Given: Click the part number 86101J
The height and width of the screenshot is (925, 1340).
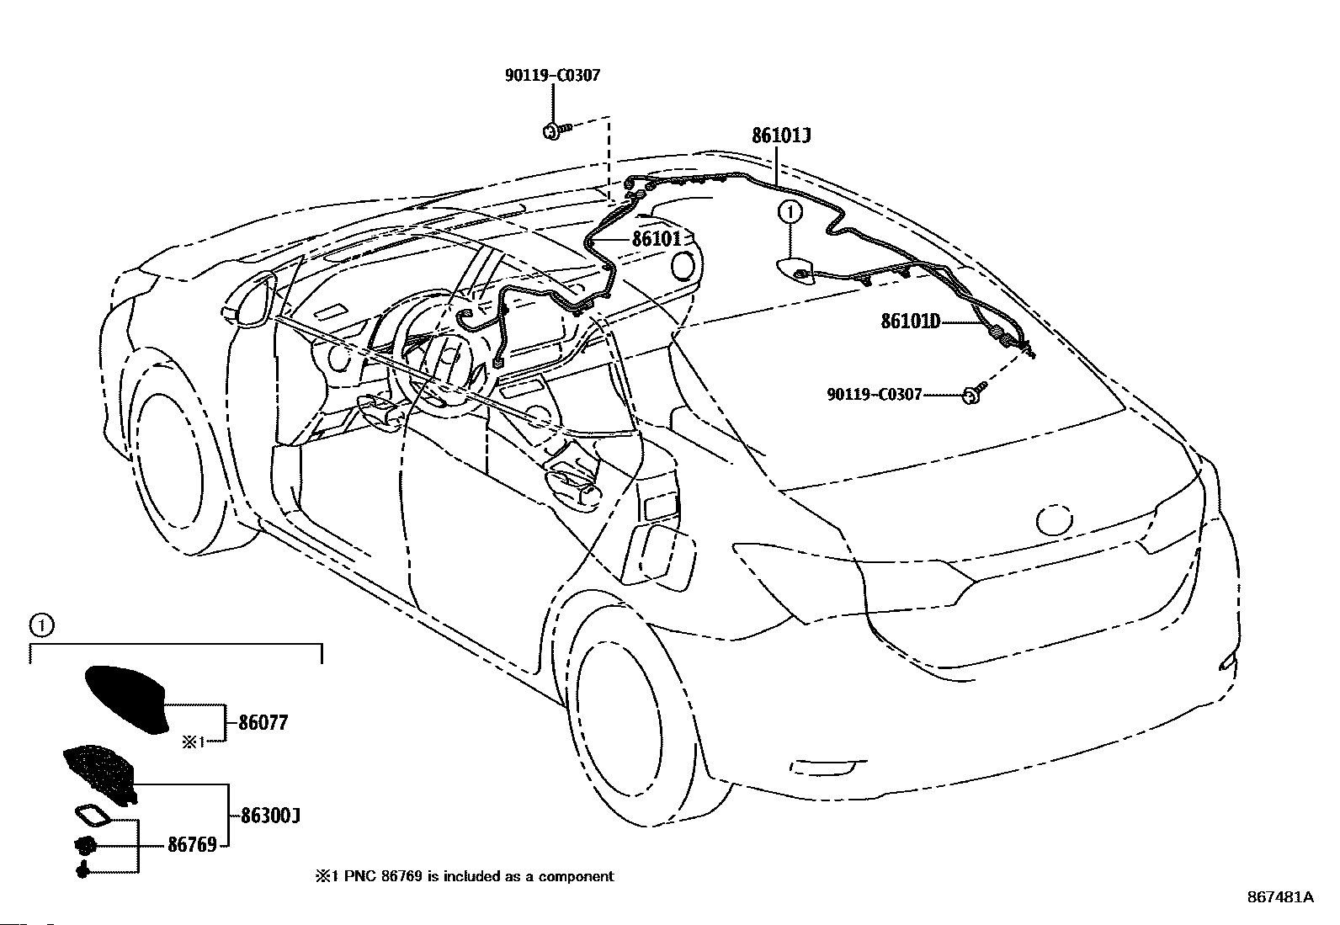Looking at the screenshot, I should pyautogui.click(x=782, y=136).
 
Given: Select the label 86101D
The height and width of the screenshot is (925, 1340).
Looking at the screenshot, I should pyautogui.click(x=910, y=321).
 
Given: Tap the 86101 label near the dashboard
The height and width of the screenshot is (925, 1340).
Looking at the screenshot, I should pyautogui.click(x=656, y=239).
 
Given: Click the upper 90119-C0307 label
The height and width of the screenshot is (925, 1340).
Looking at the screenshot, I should pyautogui.click(x=552, y=76).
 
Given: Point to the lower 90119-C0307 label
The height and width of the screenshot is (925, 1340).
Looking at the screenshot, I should pyautogui.click(x=875, y=394).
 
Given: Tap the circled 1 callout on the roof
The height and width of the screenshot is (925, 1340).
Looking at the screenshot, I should pyautogui.click(x=790, y=213).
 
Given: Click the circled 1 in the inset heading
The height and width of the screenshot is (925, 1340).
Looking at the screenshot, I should pyautogui.click(x=40, y=625).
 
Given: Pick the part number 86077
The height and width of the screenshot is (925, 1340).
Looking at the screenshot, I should pyautogui.click(x=263, y=722).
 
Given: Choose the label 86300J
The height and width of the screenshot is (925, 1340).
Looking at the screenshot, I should pyautogui.click(x=271, y=816).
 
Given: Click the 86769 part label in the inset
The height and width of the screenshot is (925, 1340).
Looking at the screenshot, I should pyautogui.click(x=192, y=844).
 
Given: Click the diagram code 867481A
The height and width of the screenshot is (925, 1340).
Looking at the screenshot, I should pyautogui.click(x=1279, y=897).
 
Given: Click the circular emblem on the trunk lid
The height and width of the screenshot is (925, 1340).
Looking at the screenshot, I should pyautogui.click(x=1055, y=520).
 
